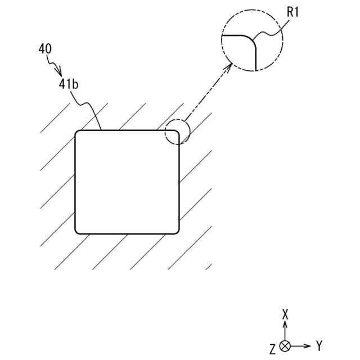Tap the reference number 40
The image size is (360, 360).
pos(45,49)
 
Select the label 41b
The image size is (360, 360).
pos(68,84)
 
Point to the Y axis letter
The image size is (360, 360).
pos(319,345)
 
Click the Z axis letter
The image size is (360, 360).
pos(273,350)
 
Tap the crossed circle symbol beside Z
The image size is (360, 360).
pos(285,346)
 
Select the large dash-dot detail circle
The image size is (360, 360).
pos(252,40)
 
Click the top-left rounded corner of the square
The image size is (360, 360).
pos(78,133)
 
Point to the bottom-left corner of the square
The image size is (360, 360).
pos(78,231)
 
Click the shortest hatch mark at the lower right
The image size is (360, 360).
pos(209,266)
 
